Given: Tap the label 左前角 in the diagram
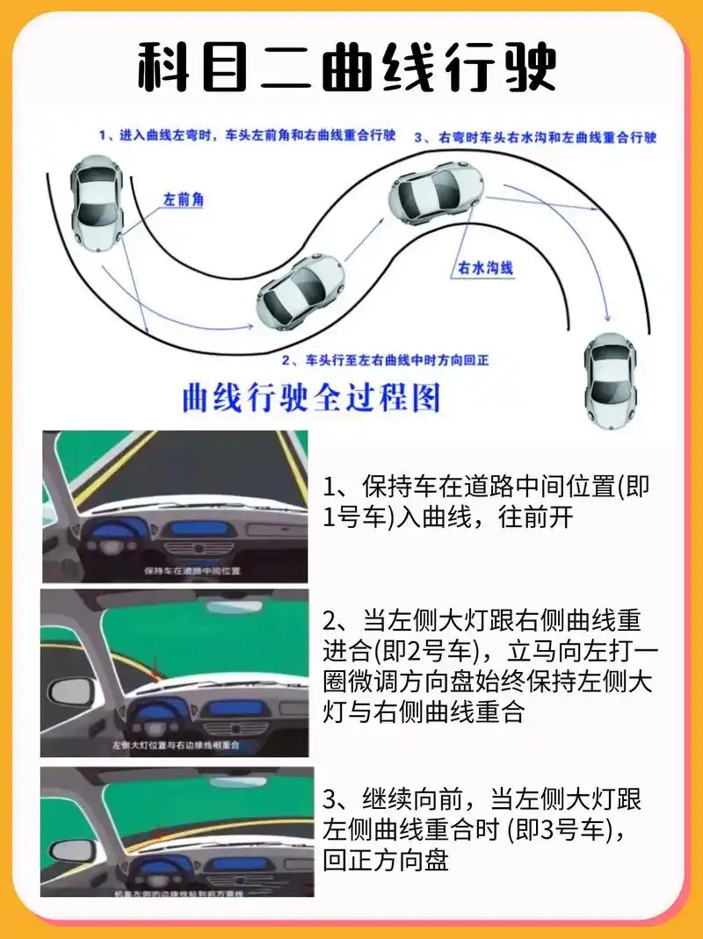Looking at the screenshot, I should click(183, 200).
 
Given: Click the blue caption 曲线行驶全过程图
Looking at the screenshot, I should click(310, 398).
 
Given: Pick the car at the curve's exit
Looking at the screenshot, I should click(611, 379).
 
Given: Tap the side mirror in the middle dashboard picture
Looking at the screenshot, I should click(72, 690).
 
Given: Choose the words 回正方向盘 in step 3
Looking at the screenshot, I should click(386, 861).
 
